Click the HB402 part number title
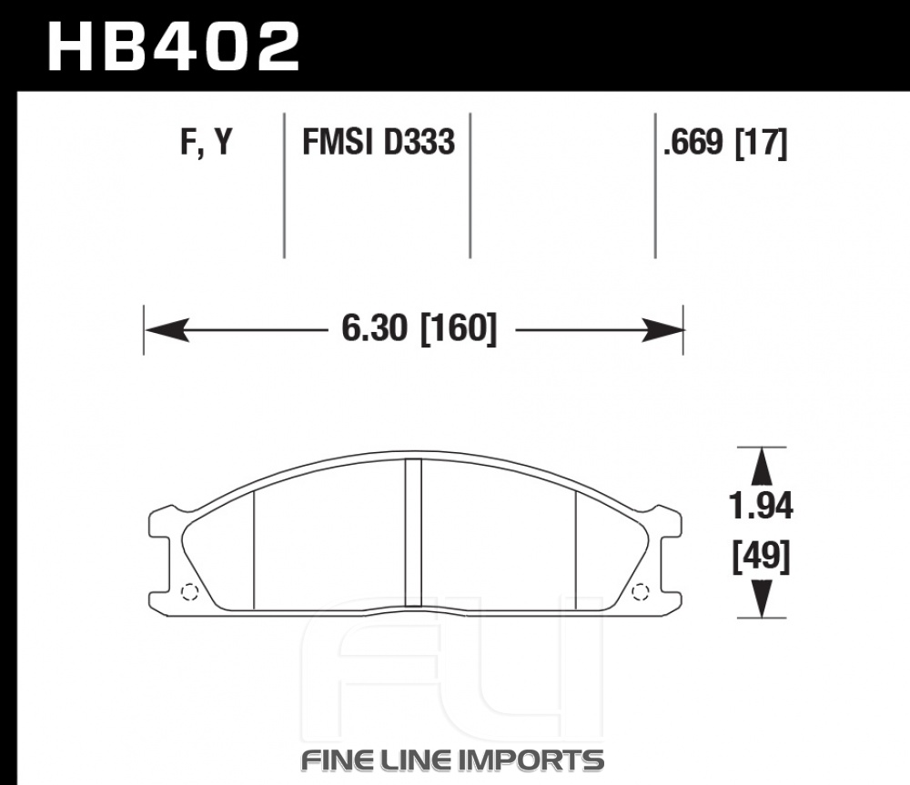pyautogui.click(x=174, y=47)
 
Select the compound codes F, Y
pyautogui.click(x=207, y=141)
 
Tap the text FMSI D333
pyautogui.click(x=379, y=142)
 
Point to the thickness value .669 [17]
pyautogui.click(x=725, y=142)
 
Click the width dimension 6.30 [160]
pyautogui.click(x=419, y=328)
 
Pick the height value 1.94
pyautogui.click(x=761, y=506)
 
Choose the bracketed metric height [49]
pyautogui.click(x=761, y=557)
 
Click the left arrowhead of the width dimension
pyautogui.click(x=167, y=329)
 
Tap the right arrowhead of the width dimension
pyautogui.click(x=662, y=329)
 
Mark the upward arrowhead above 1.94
pyautogui.click(x=762, y=467)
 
